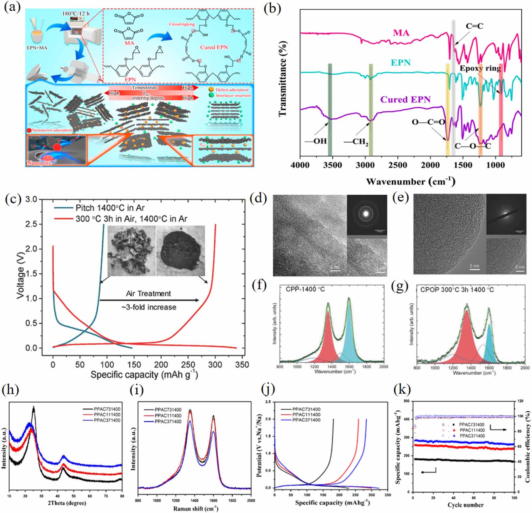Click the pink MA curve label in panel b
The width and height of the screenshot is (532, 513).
(x=401, y=33)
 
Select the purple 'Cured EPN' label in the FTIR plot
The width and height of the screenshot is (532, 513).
(x=405, y=99)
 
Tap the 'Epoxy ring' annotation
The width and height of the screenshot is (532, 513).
(x=480, y=68)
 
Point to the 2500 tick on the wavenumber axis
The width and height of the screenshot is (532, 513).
(x=397, y=165)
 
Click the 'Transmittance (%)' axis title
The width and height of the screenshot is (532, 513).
(x=283, y=79)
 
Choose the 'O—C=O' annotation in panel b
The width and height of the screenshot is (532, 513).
(x=428, y=122)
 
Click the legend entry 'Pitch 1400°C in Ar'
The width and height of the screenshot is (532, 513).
(x=110, y=208)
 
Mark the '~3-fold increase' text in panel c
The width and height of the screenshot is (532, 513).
(x=149, y=307)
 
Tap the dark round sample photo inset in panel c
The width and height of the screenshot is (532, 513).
(x=181, y=251)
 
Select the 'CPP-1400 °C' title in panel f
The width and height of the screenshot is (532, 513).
(x=305, y=289)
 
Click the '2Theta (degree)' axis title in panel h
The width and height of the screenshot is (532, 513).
(x=66, y=503)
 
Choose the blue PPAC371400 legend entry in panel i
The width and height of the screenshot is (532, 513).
(x=168, y=422)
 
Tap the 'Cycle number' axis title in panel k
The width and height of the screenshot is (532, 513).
(x=465, y=505)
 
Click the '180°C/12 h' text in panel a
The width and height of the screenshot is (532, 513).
(x=76, y=14)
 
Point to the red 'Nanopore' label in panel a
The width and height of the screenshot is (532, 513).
(x=39, y=163)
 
